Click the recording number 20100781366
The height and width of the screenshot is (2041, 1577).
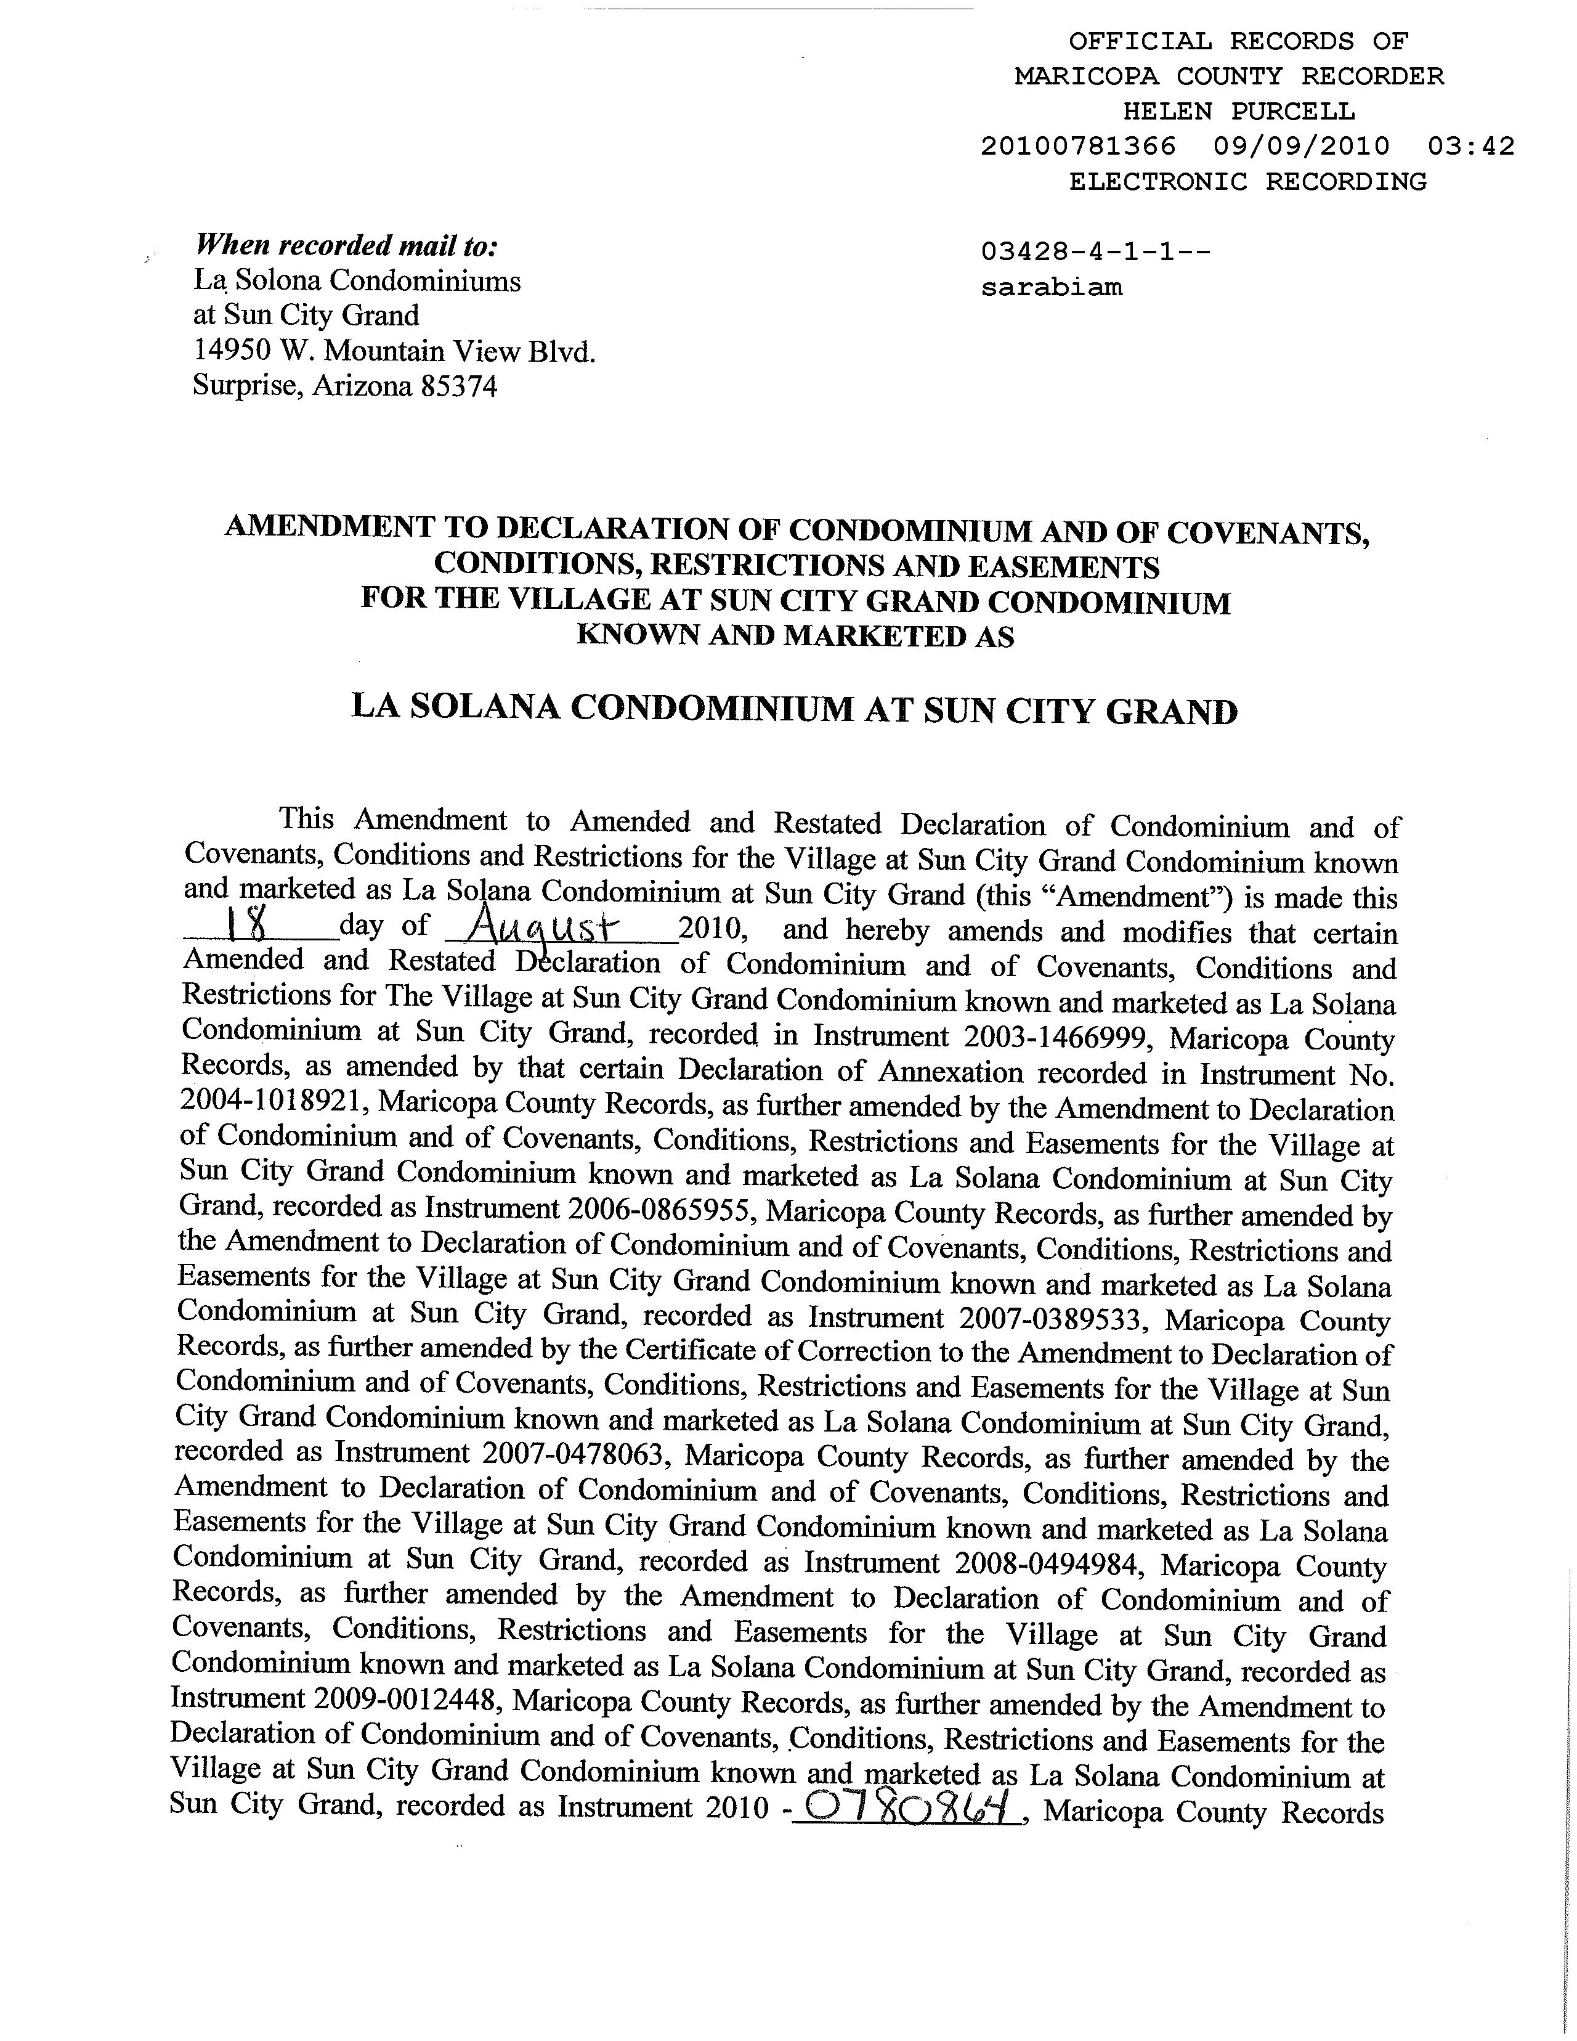pos(1078,147)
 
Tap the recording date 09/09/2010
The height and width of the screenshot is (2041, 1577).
pos(1302,147)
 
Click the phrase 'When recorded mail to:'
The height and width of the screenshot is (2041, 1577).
pos(346,246)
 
